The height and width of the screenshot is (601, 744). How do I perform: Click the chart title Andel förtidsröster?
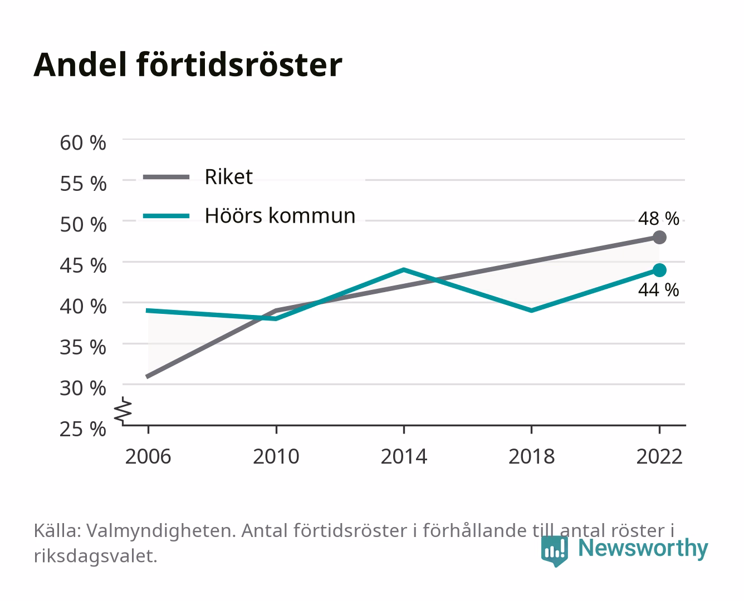click(188, 65)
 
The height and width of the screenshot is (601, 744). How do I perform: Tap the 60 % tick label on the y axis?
click(83, 143)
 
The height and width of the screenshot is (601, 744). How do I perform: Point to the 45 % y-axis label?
click(83, 265)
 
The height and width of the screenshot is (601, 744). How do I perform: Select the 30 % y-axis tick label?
click(83, 388)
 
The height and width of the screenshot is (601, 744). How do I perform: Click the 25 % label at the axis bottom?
click(83, 429)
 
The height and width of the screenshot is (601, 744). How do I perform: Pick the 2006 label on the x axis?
click(148, 456)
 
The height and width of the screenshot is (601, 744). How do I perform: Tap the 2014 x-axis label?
click(404, 456)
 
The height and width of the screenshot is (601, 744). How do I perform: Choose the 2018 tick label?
click(531, 456)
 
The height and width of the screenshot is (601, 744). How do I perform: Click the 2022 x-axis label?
click(659, 456)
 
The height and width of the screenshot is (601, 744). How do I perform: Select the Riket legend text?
click(228, 176)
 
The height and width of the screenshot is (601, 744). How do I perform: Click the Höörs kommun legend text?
click(280, 215)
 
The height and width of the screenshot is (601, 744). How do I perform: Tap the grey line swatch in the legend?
click(167, 177)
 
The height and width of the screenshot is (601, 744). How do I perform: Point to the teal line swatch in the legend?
click(167, 216)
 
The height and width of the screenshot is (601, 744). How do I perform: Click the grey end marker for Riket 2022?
click(659, 238)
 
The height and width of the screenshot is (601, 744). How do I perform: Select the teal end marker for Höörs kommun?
click(659, 270)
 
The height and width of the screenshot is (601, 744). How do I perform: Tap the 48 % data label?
click(658, 219)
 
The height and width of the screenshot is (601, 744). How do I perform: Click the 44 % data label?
click(658, 290)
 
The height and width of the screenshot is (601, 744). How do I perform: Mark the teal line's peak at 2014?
click(404, 269)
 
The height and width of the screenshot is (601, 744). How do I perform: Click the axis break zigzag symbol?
click(123, 411)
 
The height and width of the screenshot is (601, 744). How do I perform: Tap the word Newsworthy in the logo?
click(643, 548)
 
